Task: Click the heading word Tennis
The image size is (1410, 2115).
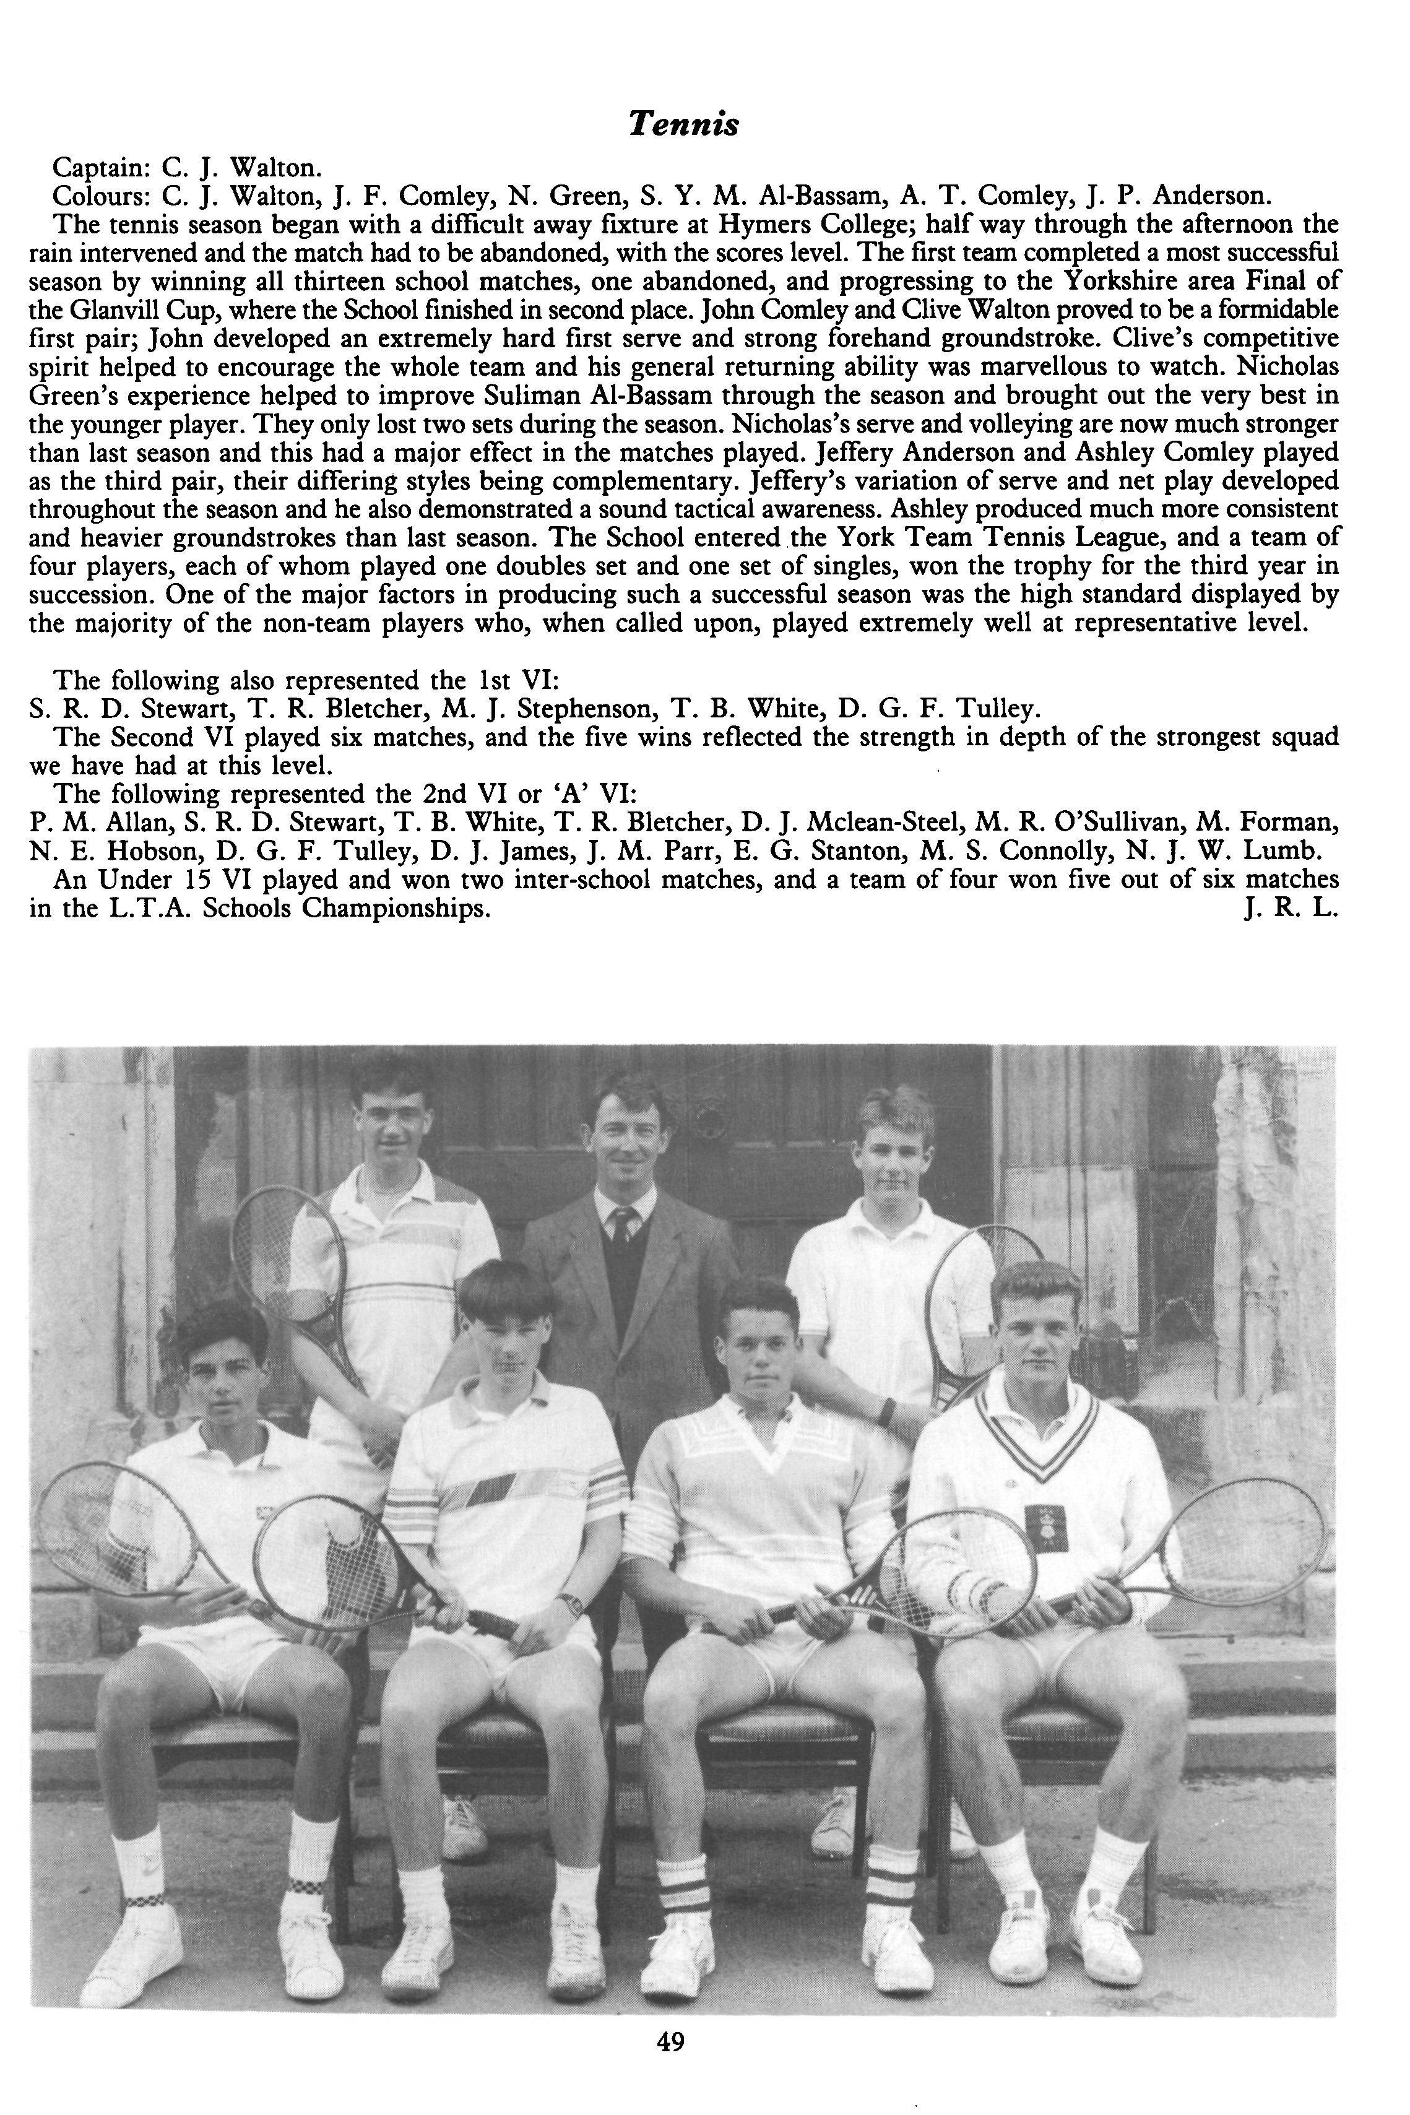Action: point(683,124)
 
